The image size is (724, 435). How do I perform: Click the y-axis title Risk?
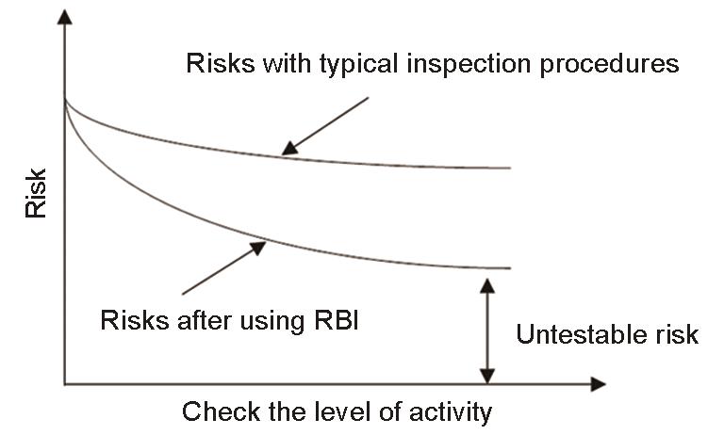click(36, 193)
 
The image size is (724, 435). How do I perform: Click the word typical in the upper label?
click(358, 64)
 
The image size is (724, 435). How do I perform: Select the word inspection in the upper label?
click(469, 64)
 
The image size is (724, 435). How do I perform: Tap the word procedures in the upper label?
click(610, 64)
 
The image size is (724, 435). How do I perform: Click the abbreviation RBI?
click(337, 320)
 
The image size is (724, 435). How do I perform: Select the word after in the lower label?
click(204, 320)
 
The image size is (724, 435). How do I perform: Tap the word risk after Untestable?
click(678, 334)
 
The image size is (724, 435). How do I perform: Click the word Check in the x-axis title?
click(222, 411)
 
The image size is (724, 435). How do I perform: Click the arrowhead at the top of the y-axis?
click(65, 17)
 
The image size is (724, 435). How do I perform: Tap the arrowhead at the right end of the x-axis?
click(598, 384)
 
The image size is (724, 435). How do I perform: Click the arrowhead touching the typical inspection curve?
click(290, 148)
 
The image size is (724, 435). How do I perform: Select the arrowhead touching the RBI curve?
click(257, 248)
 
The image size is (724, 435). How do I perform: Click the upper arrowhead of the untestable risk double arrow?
click(487, 285)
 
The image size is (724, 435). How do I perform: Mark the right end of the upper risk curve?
click(511, 168)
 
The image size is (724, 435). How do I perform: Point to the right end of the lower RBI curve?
click(511, 268)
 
